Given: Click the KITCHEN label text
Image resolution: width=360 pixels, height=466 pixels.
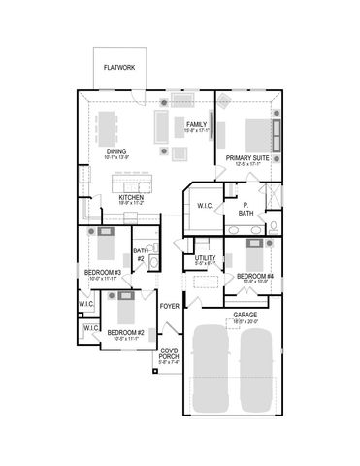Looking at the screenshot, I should pos(132,197).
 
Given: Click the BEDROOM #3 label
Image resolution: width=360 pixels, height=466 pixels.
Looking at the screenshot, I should pos(102,273).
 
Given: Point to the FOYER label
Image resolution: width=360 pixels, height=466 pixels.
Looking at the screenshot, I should pos(170,305).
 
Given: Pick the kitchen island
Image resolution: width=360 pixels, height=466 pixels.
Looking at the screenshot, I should pos(134,183).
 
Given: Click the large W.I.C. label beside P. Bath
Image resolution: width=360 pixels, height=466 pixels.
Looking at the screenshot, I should pos(205,206).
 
